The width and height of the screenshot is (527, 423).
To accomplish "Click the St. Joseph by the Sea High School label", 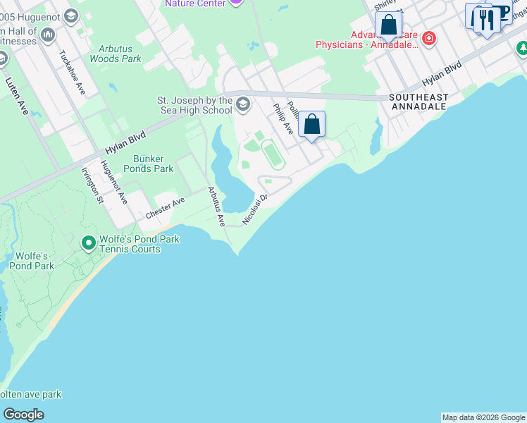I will [x=194, y=105].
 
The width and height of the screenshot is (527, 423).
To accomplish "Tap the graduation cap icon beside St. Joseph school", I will [x=243, y=105].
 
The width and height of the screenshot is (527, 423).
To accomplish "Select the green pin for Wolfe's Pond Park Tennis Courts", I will [x=89, y=244].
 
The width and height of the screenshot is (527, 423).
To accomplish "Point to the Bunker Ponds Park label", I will [x=148, y=164].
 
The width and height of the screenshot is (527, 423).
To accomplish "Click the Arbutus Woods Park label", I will [x=116, y=54].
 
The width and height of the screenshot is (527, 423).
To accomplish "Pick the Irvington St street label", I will [x=92, y=185].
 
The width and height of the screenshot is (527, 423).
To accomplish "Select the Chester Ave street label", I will [x=165, y=207].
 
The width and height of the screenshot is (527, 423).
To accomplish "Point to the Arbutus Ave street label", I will [x=216, y=206].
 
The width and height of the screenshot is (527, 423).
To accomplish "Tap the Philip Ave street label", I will [x=283, y=118].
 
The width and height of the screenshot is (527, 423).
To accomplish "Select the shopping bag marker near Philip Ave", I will [x=312, y=125].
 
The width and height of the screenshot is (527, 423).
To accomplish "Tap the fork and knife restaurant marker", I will [x=485, y=19].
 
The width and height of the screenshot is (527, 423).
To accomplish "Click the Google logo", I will [x=23, y=415].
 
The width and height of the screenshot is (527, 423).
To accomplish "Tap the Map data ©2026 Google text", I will [x=483, y=417].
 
